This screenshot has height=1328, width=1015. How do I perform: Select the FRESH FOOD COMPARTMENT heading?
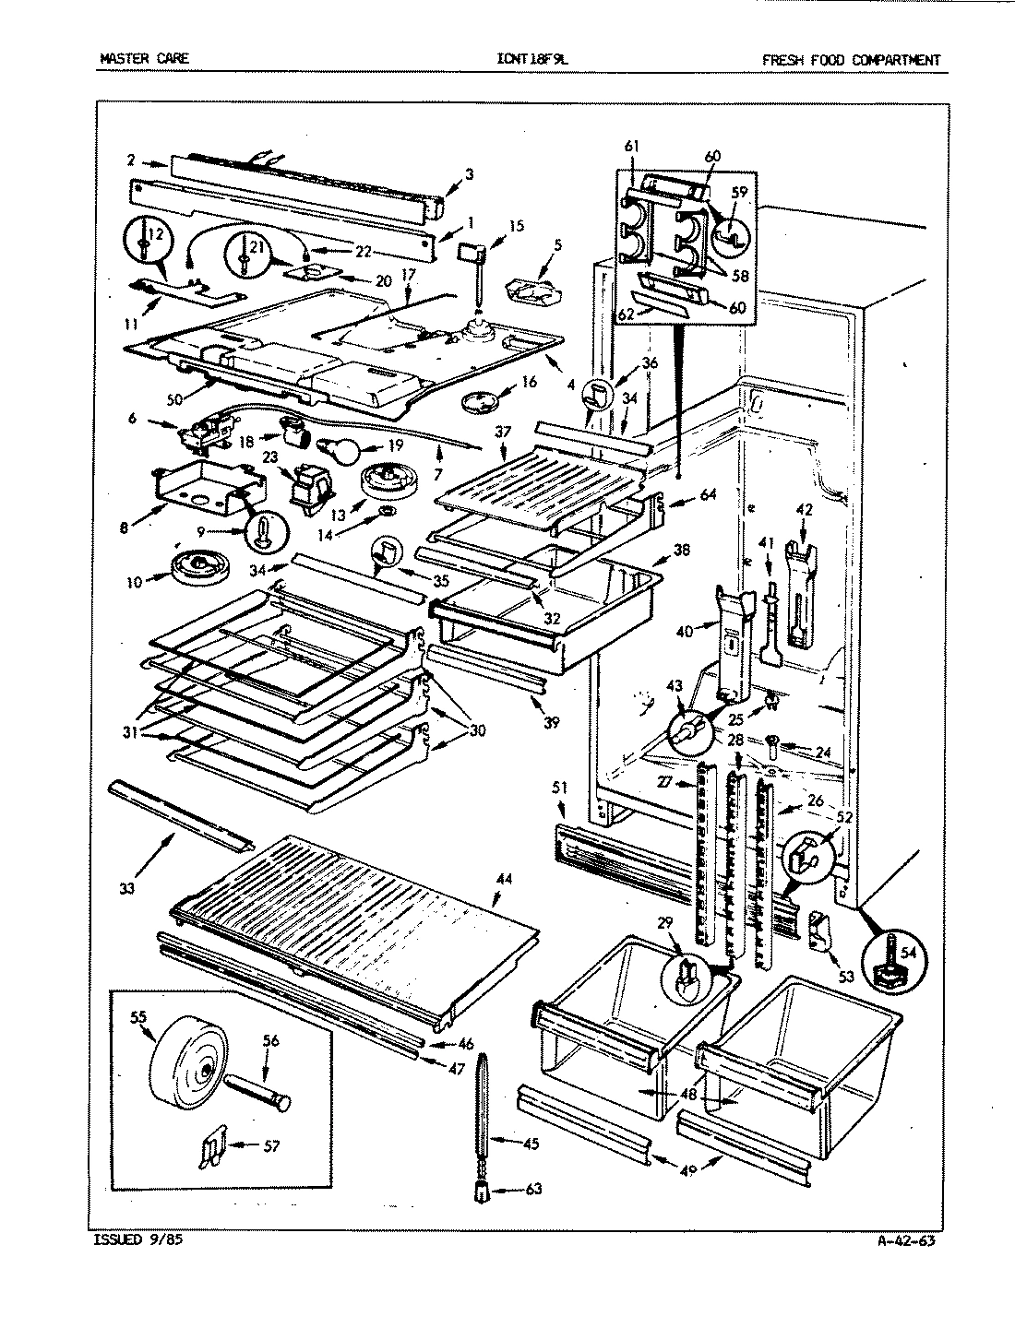(x=851, y=60)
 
